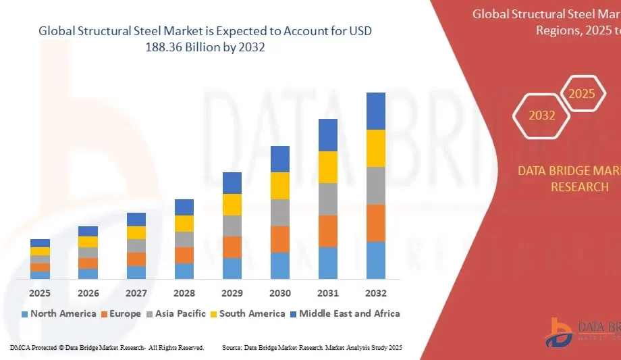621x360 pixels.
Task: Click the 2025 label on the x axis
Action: click(40, 293)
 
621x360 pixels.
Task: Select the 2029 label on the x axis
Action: click(232, 293)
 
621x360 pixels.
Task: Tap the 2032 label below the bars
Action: click(376, 293)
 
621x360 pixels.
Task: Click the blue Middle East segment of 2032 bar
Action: click(376, 111)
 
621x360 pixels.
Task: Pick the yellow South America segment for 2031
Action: click(328, 167)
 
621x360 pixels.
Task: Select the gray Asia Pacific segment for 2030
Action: click(280, 213)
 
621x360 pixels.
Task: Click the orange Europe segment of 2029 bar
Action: click(232, 247)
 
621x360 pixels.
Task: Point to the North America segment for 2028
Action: click(184, 271)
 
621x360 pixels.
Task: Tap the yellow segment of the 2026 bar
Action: click(88, 242)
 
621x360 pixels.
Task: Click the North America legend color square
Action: click(25, 314)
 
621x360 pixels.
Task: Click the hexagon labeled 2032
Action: click(541, 115)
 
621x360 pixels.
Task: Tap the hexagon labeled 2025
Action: click(581, 94)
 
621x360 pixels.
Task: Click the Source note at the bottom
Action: click(312, 347)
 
